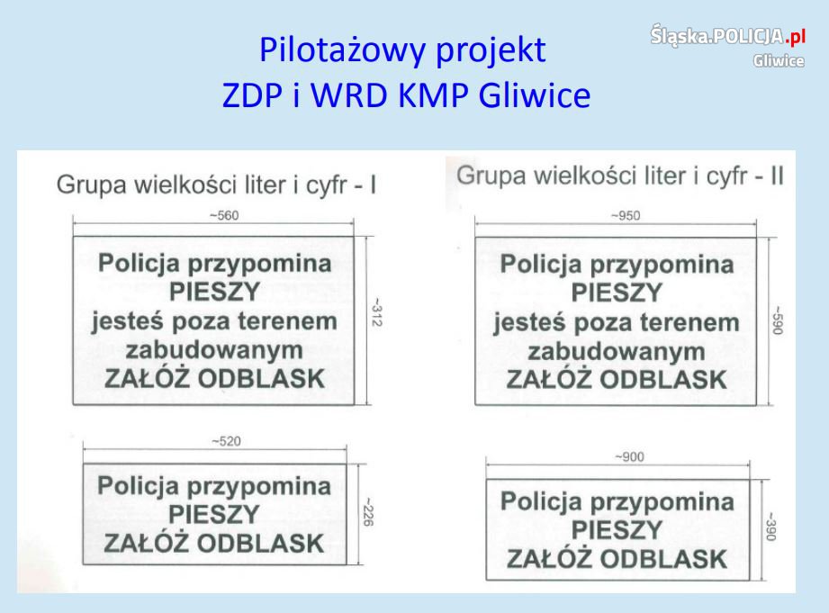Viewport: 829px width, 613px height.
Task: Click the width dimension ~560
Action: click(225, 216)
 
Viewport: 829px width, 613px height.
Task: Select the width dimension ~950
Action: click(626, 216)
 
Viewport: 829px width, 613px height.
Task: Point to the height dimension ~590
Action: click(777, 320)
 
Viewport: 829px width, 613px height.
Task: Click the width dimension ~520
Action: click(226, 441)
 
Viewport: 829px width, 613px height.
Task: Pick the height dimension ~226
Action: click(368, 512)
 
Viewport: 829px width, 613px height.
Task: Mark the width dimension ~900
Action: click(630, 457)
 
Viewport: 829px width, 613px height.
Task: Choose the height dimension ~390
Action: click(770, 527)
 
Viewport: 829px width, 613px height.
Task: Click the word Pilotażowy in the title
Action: click(343, 50)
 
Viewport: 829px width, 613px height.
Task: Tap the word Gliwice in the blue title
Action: click(535, 95)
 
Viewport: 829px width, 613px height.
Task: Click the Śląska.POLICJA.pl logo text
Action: click(728, 35)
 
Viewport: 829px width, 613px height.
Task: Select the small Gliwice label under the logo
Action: click(779, 61)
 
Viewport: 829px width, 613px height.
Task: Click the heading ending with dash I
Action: click(216, 185)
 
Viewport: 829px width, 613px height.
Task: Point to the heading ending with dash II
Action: click(620, 176)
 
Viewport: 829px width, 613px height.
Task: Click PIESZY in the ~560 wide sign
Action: click(214, 292)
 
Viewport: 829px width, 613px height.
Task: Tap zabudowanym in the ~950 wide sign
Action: click(617, 352)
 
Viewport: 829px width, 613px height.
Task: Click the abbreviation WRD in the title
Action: click(348, 95)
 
